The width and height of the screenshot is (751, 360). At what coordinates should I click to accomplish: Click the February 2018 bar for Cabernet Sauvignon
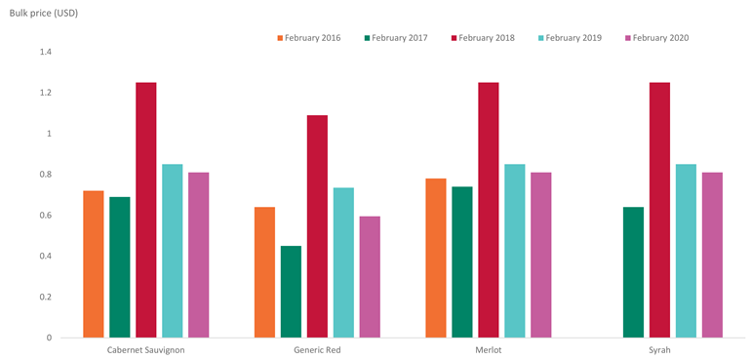pyautogui.click(x=145, y=210)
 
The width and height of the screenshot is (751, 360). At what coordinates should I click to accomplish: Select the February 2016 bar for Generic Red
pyautogui.click(x=264, y=272)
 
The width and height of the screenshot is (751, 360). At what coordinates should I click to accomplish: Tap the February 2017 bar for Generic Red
pyautogui.click(x=291, y=292)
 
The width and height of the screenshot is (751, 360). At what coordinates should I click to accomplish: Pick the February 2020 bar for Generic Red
pyautogui.click(x=370, y=277)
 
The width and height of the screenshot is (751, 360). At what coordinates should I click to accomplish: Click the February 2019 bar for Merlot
pyautogui.click(x=514, y=251)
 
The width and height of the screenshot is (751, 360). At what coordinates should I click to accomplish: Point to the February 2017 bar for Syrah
pyautogui.click(x=633, y=272)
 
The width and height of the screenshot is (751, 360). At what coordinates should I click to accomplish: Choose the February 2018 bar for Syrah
pyautogui.click(x=659, y=210)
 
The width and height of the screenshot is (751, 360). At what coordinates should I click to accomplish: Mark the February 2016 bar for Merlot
pyautogui.click(x=435, y=258)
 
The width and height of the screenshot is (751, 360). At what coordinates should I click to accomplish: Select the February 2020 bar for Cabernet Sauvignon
pyautogui.click(x=198, y=255)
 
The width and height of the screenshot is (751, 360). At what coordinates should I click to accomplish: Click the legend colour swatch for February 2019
pyautogui.click(x=541, y=38)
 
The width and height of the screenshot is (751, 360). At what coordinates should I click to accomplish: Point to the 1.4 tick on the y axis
pyautogui.click(x=45, y=52)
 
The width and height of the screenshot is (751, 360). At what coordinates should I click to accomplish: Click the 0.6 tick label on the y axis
pyautogui.click(x=45, y=216)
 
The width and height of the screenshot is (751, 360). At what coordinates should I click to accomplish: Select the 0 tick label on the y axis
pyautogui.click(x=49, y=338)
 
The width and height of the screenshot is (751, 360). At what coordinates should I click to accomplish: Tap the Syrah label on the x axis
pyautogui.click(x=658, y=350)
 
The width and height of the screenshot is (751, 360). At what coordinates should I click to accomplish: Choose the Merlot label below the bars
pyautogui.click(x=488, y=350)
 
